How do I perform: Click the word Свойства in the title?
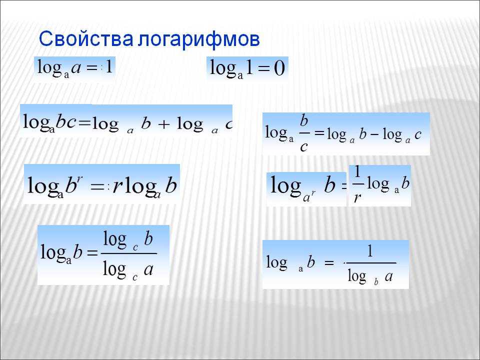86,39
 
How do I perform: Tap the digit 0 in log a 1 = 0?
279,68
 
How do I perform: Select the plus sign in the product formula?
164,124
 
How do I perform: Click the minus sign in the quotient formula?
374,134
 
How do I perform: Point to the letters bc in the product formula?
66,122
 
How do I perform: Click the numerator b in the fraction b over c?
303,120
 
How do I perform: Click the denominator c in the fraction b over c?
303,147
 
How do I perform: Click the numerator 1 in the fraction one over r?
357,171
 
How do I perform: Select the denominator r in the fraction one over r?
357,198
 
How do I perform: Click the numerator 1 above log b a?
370,251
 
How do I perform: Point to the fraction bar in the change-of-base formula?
129,253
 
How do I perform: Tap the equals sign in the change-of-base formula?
92,253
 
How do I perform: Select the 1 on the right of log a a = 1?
108,66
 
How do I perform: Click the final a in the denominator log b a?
389,276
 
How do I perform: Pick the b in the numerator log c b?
148,238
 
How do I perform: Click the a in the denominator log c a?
148,270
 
